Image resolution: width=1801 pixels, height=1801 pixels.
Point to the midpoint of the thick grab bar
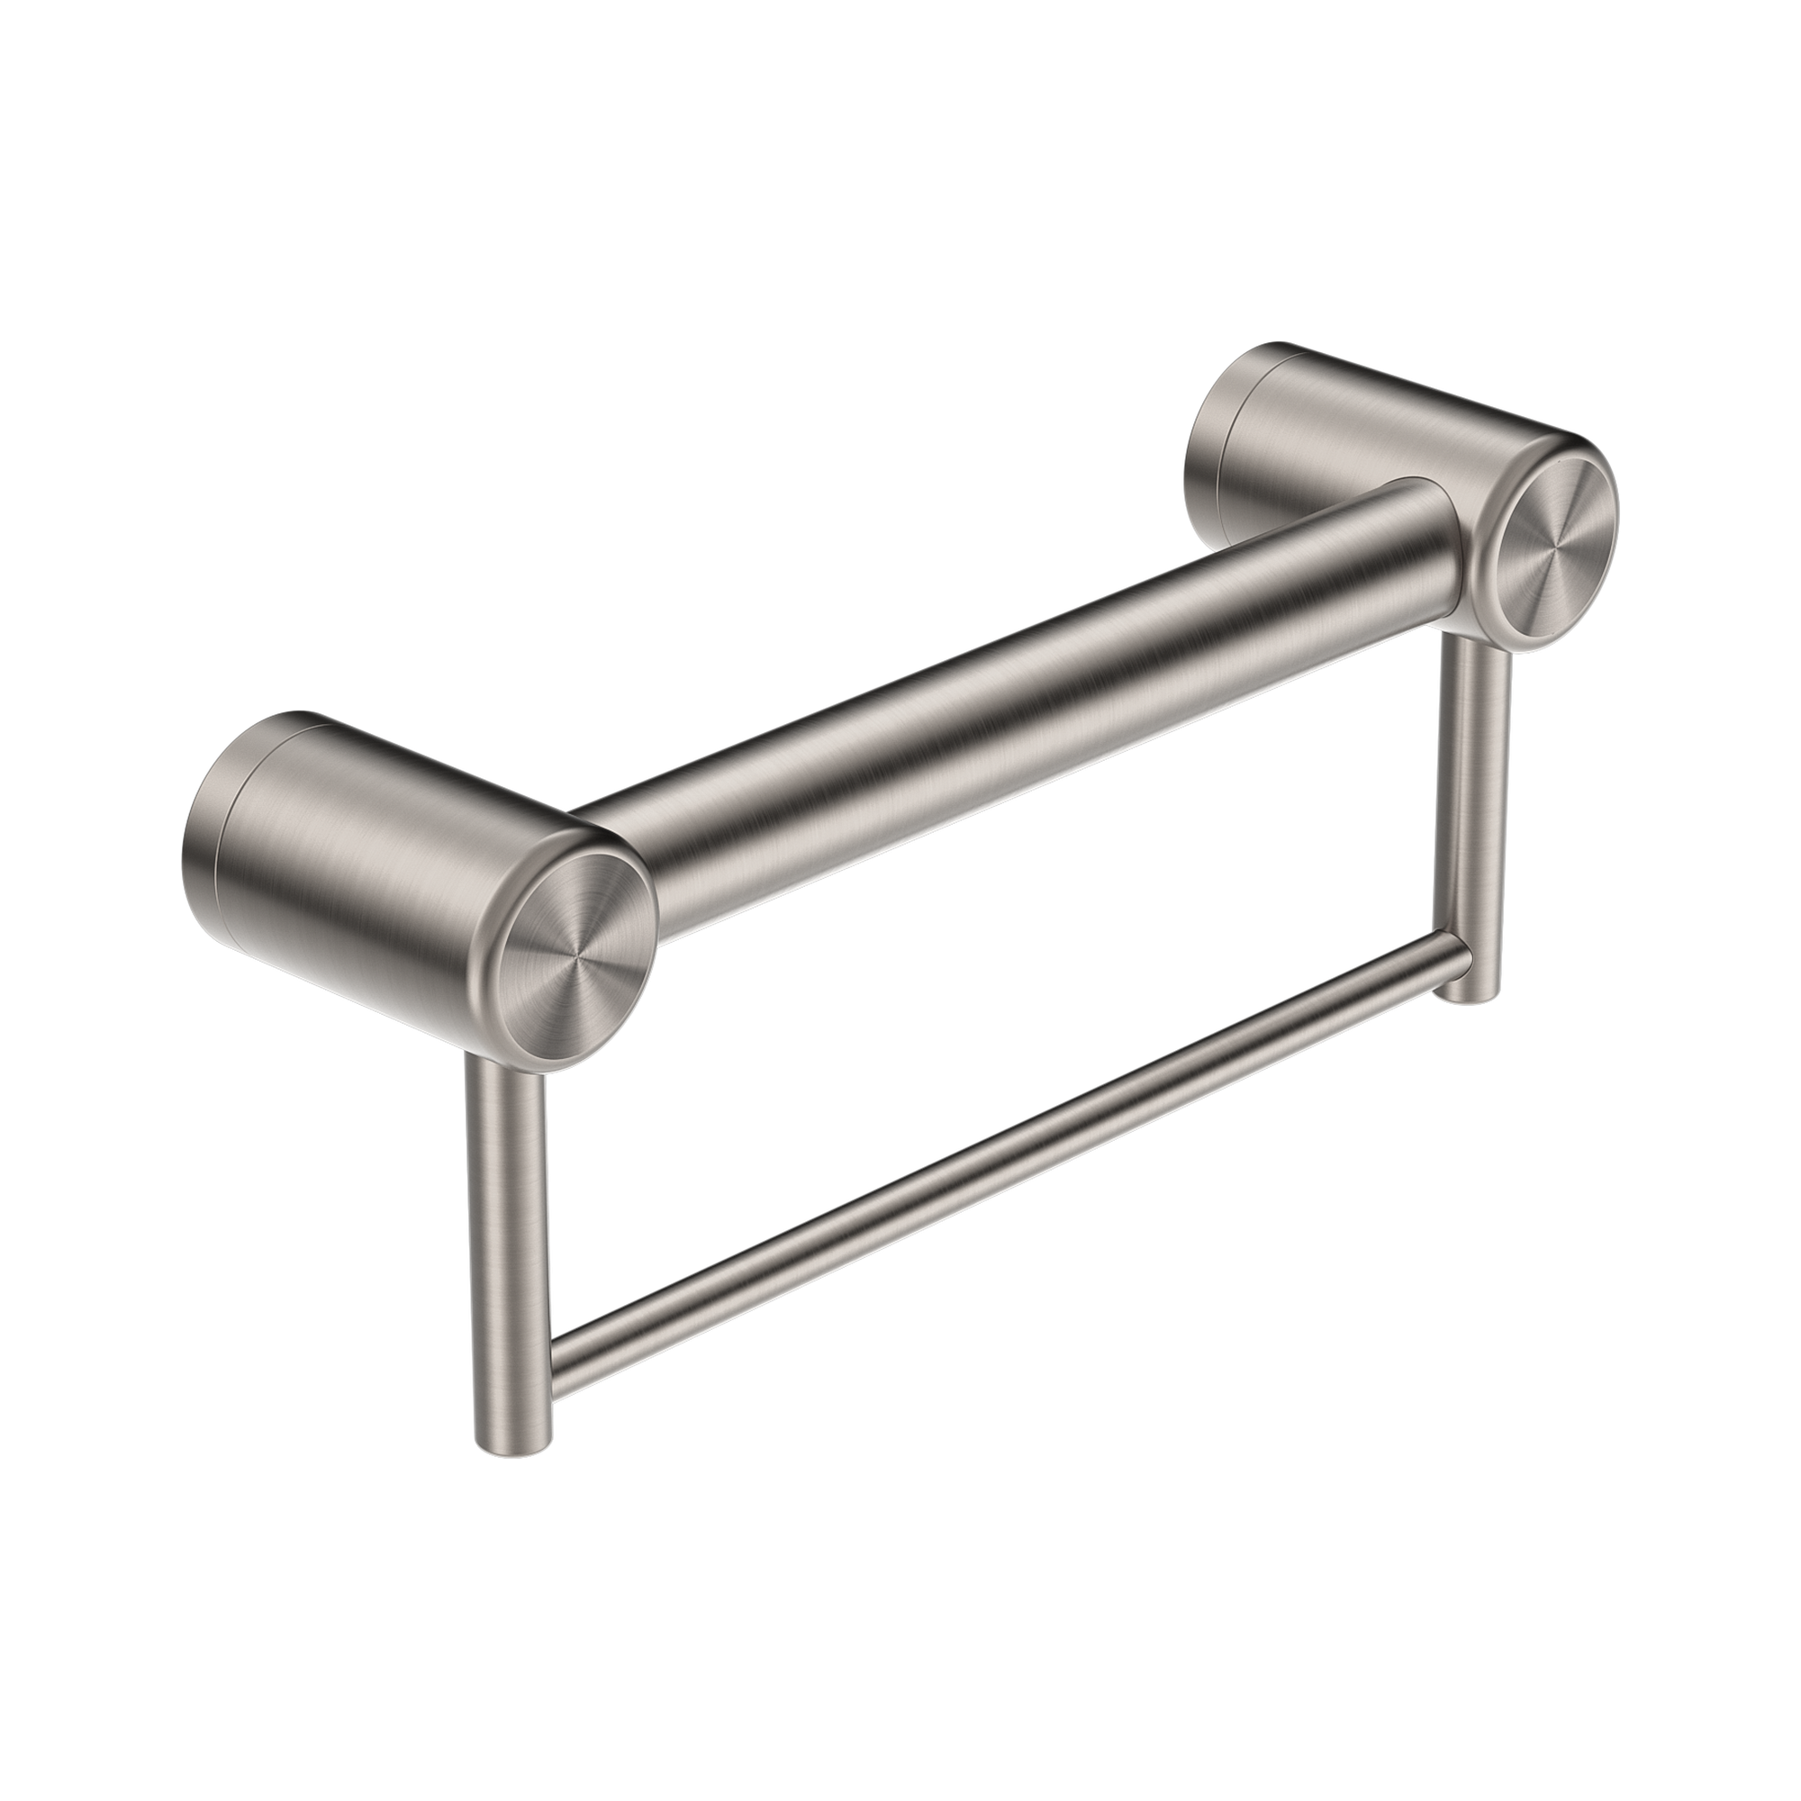(x=1007, y=746)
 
